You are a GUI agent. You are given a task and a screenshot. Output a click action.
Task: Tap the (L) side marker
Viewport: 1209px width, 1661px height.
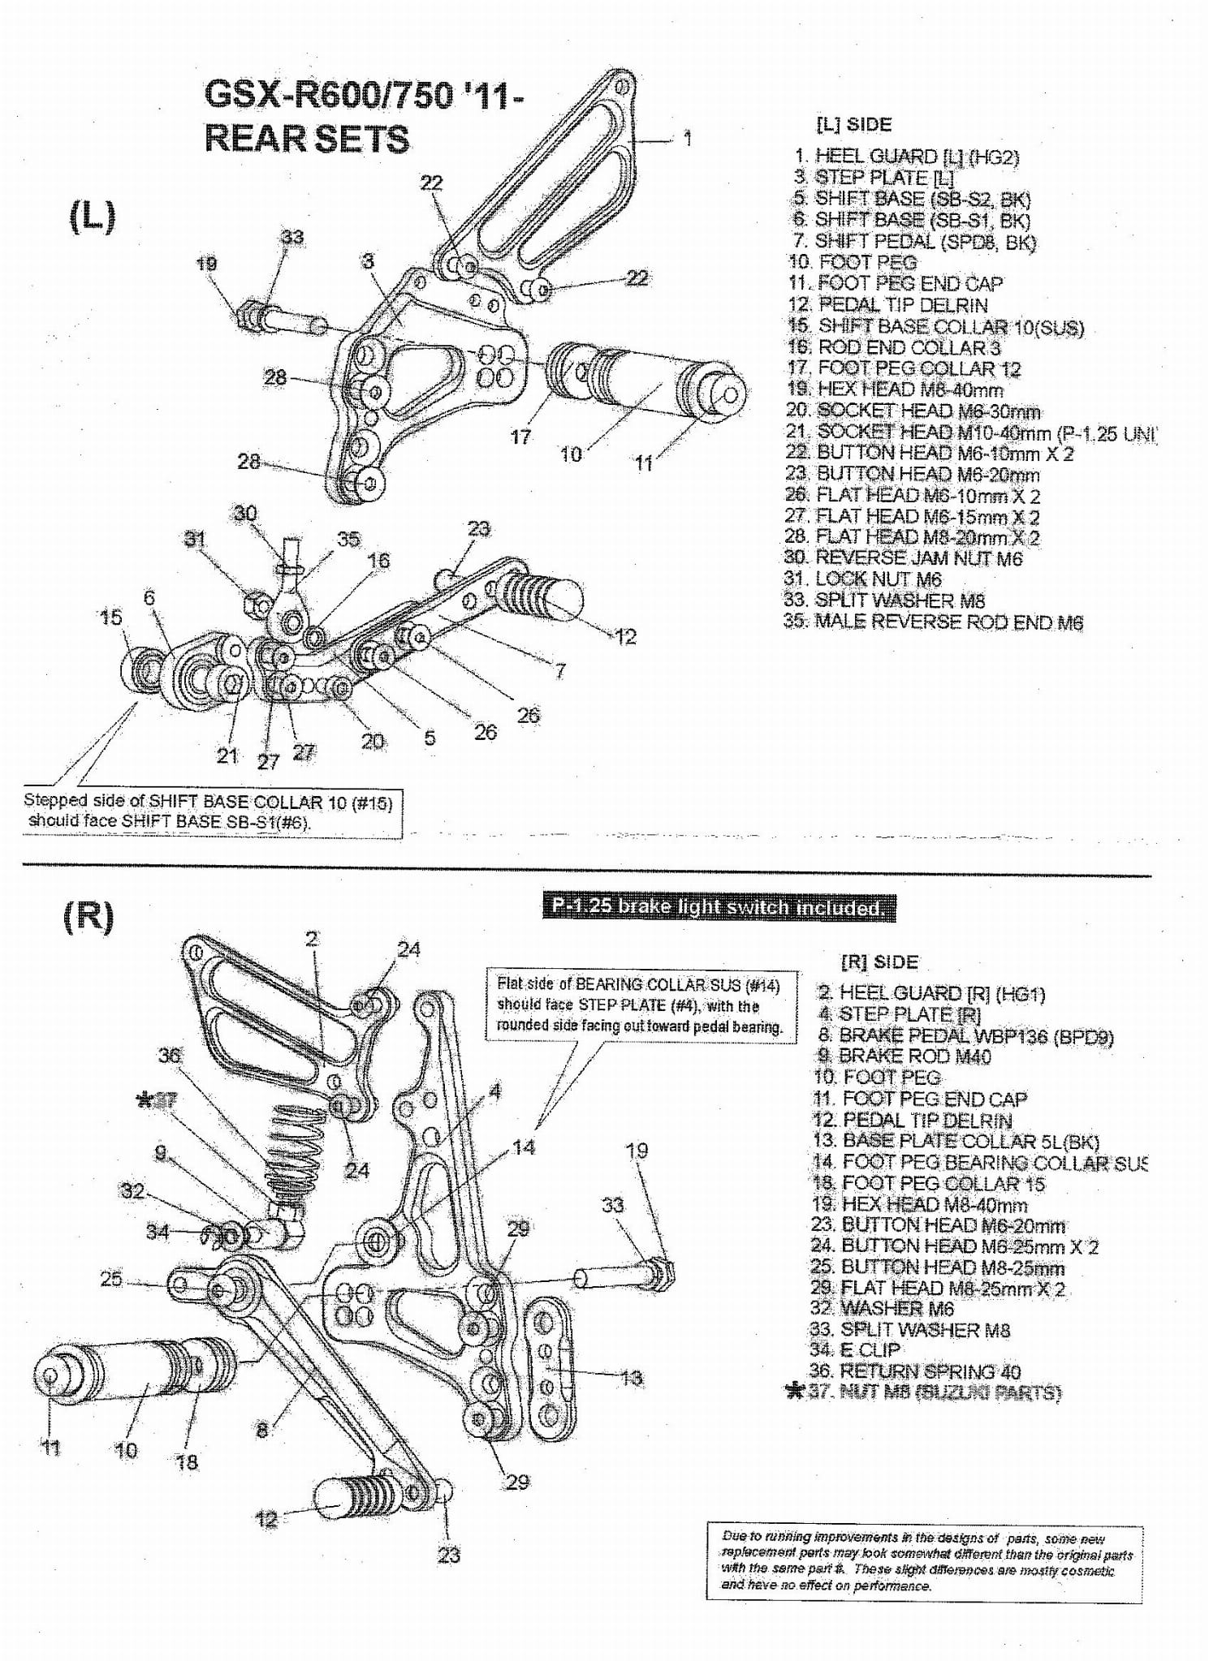[x=92, y=216]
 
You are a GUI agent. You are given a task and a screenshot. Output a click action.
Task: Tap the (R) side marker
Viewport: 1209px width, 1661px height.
[x=89, y=915]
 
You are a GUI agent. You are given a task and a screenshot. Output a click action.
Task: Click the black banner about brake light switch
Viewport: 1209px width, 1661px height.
[x=719, y=907]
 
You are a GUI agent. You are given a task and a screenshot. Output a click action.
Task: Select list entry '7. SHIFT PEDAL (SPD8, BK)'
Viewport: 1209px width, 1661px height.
[x=914, y=241]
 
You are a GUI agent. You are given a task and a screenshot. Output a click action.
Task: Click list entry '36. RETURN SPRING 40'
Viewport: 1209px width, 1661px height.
[x=914, y=1371]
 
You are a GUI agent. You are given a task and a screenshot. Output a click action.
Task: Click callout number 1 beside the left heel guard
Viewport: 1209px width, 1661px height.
[x=688, y=138]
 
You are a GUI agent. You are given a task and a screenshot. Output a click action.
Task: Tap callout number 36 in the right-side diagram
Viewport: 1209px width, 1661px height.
[x=169, y=1055]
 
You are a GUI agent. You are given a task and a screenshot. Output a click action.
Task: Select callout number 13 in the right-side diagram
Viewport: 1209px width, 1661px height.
[x=631, y=1377]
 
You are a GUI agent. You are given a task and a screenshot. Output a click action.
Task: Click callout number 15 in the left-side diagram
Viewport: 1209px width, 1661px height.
[x=110, y=617]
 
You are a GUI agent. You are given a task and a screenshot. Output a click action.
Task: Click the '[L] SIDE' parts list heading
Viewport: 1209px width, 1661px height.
[x=853, y=124]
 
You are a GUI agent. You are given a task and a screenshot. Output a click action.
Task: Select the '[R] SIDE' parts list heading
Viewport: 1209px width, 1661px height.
[x=879, y=962]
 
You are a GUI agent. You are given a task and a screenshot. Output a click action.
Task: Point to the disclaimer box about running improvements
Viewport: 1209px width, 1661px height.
[x=924, y=1560]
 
